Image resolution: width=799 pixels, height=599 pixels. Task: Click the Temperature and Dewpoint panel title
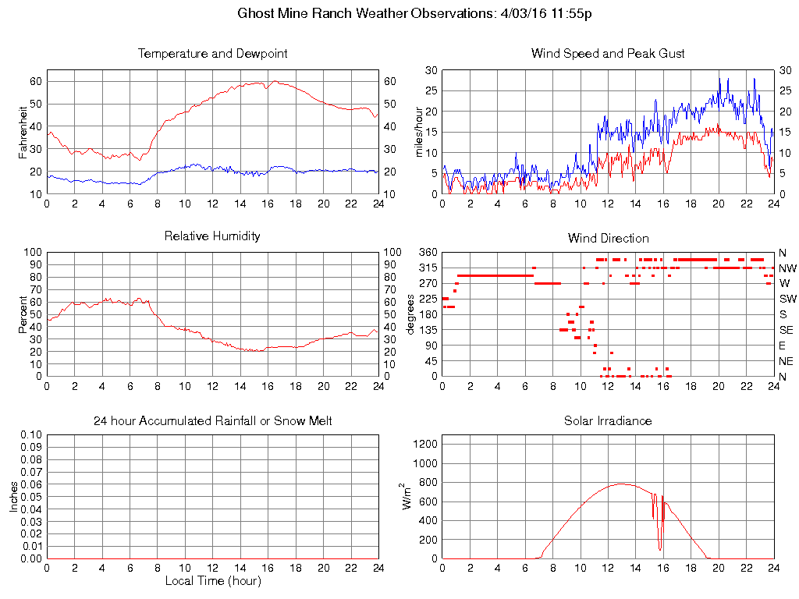[x=212, y=54]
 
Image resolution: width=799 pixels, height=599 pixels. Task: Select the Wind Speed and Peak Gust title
[x=608, y=54]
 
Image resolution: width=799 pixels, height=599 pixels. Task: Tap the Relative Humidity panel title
[x=212, y=236]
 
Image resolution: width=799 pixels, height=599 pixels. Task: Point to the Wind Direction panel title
[x=608, y=238]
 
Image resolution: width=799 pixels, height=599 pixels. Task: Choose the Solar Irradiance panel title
[x=608, y=421]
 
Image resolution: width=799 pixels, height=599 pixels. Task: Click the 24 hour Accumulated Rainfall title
[x=212, y=421]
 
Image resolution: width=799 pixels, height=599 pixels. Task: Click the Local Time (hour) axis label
[x=212, y=581]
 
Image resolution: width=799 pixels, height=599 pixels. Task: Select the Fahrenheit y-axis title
[x=23, y=132]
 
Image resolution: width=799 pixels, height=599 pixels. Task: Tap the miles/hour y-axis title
[x=418, y=132]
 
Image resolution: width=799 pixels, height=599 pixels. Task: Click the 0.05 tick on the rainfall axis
[x=31, y=497]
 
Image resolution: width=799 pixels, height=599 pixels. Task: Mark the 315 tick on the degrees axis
[x=428, y=268]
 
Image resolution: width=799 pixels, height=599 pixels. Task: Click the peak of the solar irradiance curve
[x=621, y=484]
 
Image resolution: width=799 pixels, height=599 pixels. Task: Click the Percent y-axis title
[x=23, y=314]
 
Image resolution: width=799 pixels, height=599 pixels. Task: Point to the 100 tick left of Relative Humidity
[x=34, y=252]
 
